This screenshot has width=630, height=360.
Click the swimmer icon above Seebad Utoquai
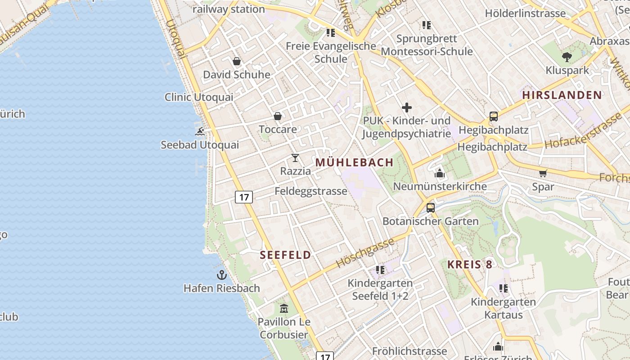tap(200, 131)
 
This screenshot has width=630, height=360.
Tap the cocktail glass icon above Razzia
tap(295, 158)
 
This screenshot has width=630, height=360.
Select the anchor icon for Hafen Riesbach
tap(221, 274)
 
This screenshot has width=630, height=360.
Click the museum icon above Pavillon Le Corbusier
tap(284, 309)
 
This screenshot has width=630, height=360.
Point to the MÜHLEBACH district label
tap(355, 162)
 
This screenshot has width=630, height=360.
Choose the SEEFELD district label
tap(285, 255)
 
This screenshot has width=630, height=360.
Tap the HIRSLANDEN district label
tap(562, 95)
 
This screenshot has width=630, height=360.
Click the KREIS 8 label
tap(470, 264)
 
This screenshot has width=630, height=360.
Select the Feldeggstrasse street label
tap(311, 191)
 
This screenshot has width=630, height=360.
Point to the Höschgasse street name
tap(365, 253)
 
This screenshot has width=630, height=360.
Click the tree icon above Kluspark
tap(567, 57)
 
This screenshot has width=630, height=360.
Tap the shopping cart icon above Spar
tap(543, 173)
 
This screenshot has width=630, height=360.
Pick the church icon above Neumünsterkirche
tap(440, 173)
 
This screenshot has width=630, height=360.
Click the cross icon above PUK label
tap(407, 108)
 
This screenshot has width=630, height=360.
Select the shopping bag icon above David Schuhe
tap(237, 61)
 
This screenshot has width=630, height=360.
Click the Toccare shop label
tap(278, 130)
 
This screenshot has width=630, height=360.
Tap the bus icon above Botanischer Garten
tap(431, 208)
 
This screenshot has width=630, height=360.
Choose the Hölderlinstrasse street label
tap(525, 13)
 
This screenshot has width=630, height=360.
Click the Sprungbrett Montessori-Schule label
tap(427, 45)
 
